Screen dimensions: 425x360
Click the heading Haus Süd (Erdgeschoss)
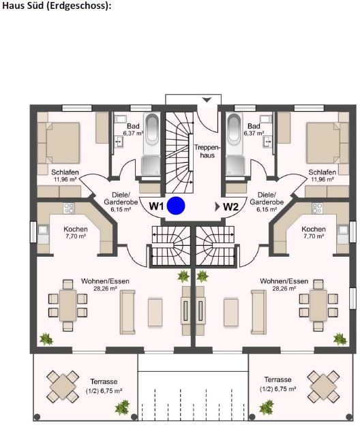point(56,5)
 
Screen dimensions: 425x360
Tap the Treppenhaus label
point(205,151)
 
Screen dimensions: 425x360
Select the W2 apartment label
point(230,206)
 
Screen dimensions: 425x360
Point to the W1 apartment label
point(157,206)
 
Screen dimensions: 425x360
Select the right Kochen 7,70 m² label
point(313,232)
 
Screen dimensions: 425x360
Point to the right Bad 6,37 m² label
point(254,129)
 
